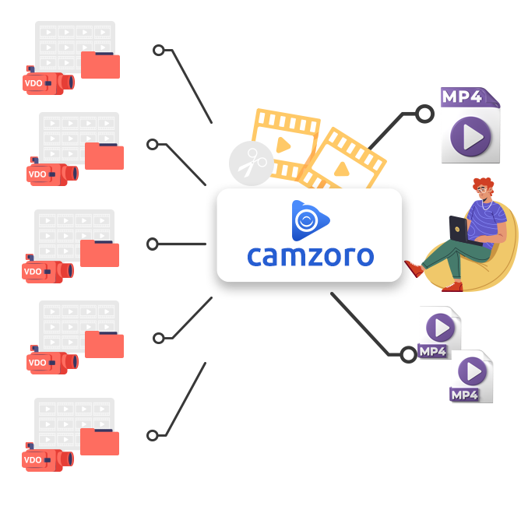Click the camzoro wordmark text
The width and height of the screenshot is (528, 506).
coord(310,255)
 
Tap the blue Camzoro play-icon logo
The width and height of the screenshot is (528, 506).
coord(308,220)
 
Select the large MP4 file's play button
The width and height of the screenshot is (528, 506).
coord(470,137)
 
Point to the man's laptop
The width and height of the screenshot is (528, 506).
coord(457,230)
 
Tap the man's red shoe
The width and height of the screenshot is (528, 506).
coord(415,269)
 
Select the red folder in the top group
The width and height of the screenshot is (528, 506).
coord(100,65)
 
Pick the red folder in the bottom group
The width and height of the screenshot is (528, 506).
coord(100,441)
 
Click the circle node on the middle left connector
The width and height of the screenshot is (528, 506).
coord(153,244)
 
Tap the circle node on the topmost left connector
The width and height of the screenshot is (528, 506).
coord(159,51)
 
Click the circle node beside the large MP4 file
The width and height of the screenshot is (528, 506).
coord(424,115)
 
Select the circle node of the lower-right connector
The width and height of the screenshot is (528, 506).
coord(407,354)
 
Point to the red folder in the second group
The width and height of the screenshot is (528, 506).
coord(104,156)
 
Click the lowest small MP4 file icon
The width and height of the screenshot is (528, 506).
coord(472,377)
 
